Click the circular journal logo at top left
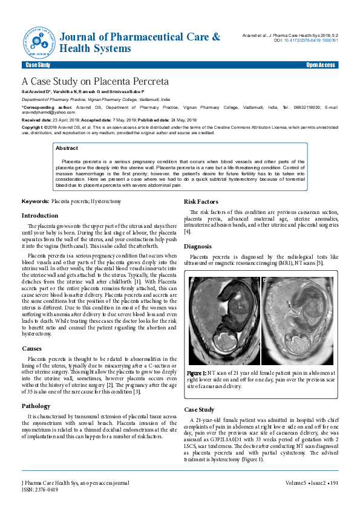pos(39,40)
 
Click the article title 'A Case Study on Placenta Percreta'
pos(95,81)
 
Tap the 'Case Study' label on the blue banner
pos(38,65)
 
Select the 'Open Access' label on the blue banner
pos(321,65)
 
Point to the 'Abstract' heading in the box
pos(67,148)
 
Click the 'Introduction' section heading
pos(40,216)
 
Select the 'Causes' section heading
pos(32,349)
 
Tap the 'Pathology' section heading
pos(36,406)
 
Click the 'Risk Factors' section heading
pos(202,202)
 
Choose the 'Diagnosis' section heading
pos(197,247)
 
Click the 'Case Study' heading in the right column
pos(199,410)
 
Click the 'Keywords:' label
pos(36,200)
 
